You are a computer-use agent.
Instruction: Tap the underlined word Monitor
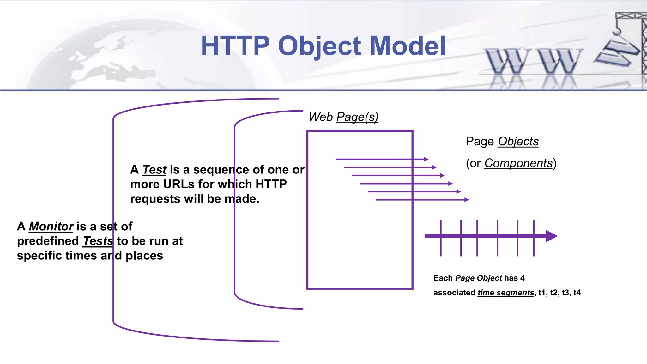tap(51, 227)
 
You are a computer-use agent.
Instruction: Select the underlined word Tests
tap(98, 241)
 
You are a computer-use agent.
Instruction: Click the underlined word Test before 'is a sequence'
tap(154, 170)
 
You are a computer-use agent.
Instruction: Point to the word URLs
tap(178, 184)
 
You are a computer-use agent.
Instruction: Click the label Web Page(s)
tap(343, 117)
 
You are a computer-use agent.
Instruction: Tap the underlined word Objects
tap(518, 141)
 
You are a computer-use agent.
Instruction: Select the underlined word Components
tap(518, 163)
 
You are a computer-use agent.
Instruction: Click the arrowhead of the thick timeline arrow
tap(552, 236)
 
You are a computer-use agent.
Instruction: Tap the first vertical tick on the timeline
tap(441, 238)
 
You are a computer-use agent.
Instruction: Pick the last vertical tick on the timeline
tap(534, 238)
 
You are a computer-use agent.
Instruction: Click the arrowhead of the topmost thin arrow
tap(426, 159)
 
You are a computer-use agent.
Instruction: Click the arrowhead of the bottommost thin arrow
tap(467, 200)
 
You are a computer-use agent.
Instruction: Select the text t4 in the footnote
tap(577, 293)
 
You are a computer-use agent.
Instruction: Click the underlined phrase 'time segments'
tap(505, 293)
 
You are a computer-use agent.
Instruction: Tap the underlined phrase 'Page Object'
tap(479, 278)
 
